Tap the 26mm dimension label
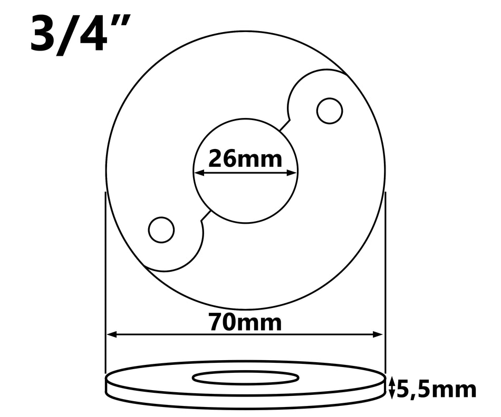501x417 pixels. coord(245,157)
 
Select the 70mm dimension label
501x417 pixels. coord(245,322)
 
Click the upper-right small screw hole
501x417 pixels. coord(330,111)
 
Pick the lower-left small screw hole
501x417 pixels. coord(161,230)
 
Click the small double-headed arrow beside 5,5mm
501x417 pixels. coord(391,389)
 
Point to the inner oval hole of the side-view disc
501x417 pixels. coord(246,377)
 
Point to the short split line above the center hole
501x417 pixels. coord(284,125)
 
